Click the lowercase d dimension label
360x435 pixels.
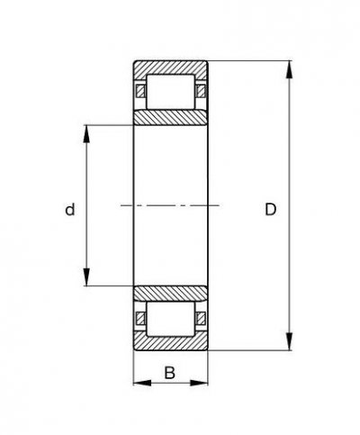[69, 210]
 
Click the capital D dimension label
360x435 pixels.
[270, 210]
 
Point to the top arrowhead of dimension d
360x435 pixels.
[88, 131]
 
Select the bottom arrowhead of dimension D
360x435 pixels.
[290, 346]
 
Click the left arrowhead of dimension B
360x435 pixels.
[139, 383]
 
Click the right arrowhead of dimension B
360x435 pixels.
[202, 383]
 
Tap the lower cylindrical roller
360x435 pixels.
[170, 318]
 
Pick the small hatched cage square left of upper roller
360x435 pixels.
[139, 92]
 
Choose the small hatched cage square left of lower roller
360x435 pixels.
[139, 318]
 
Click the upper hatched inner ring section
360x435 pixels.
[170, 118]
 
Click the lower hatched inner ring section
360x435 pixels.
[170, 293]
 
